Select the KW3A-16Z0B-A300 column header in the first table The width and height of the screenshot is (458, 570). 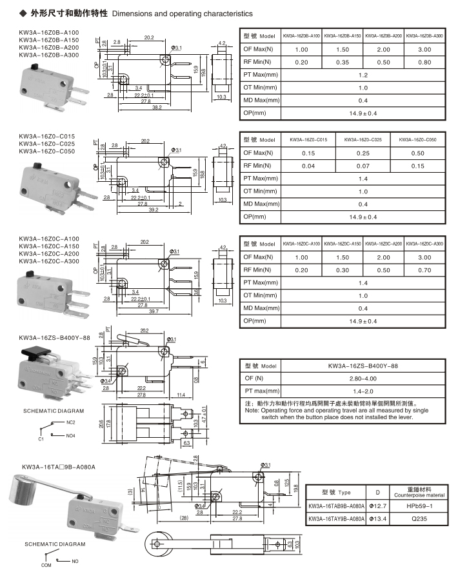(425, 35)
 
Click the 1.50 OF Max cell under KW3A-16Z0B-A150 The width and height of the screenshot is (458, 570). (343, 49)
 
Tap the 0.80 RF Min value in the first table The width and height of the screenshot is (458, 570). (425, 62)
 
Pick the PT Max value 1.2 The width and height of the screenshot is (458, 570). (363, 75)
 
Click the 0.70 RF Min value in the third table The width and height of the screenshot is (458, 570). (425, 270)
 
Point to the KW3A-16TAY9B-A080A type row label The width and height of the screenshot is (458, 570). (336, 518)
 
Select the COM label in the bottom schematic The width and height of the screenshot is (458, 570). (46, 565)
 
